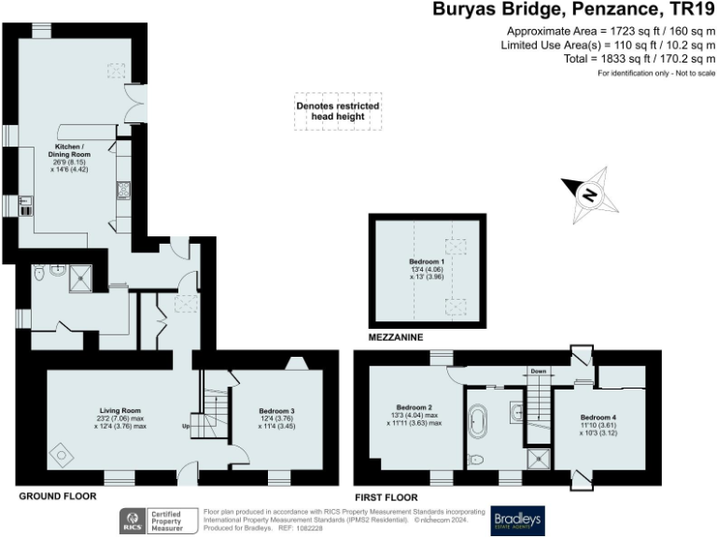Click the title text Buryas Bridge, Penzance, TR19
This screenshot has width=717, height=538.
click(x=572, y=10)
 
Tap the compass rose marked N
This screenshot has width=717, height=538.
click(x=589, y=195)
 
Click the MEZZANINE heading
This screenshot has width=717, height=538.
click(x=397, y=336)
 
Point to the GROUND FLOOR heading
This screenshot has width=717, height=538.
click(x=57, y=497)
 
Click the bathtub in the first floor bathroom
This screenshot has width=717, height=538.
click(x=478, y=422)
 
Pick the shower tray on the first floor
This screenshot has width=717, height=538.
click(x=537, y=458)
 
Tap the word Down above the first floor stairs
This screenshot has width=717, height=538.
click(x=538, y=371)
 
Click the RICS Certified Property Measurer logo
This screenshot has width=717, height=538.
click(x=156, y=520)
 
